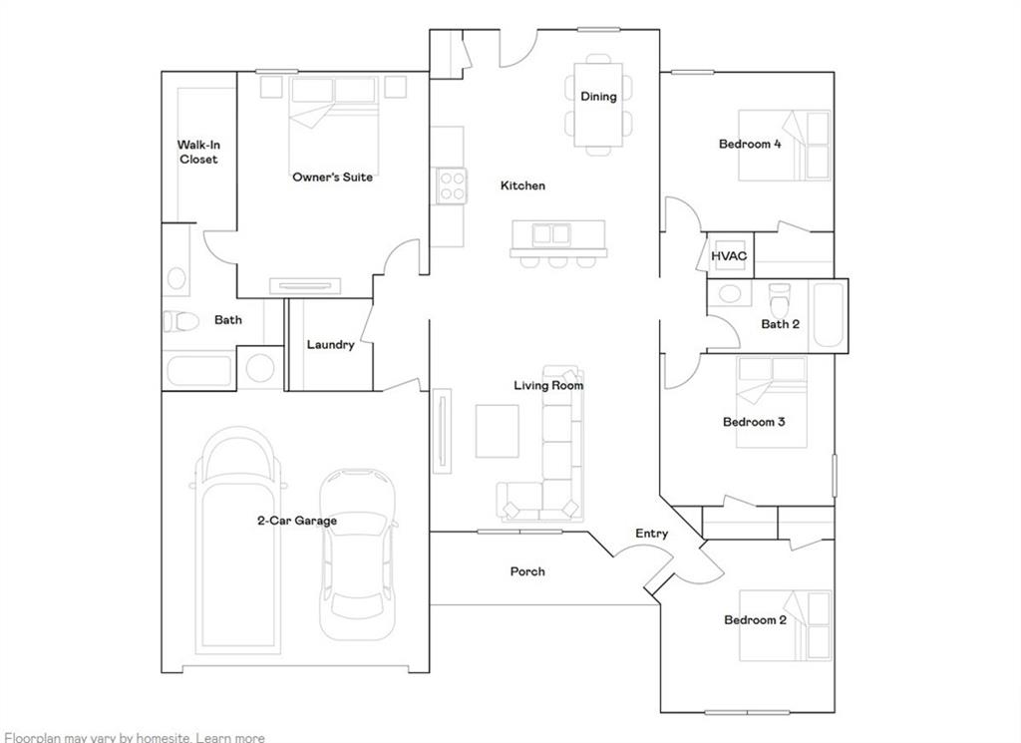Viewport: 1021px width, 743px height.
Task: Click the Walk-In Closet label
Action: click(198, 152)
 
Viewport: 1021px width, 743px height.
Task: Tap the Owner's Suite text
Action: click(333, 177)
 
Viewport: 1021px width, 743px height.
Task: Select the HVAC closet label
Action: click(729, 256)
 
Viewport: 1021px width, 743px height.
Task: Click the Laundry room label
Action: click(330, 345)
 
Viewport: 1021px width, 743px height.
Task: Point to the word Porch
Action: click(527, 571)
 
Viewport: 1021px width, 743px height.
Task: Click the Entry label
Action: click(652, 534)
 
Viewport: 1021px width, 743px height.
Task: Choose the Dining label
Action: click(598, 97)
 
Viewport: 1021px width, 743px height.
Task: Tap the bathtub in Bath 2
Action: click(829, 314)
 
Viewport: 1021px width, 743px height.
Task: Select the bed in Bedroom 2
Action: click(786, 625)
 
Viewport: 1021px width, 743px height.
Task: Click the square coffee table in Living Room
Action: click(496, 431)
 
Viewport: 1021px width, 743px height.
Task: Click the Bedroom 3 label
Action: click(754, 422)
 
